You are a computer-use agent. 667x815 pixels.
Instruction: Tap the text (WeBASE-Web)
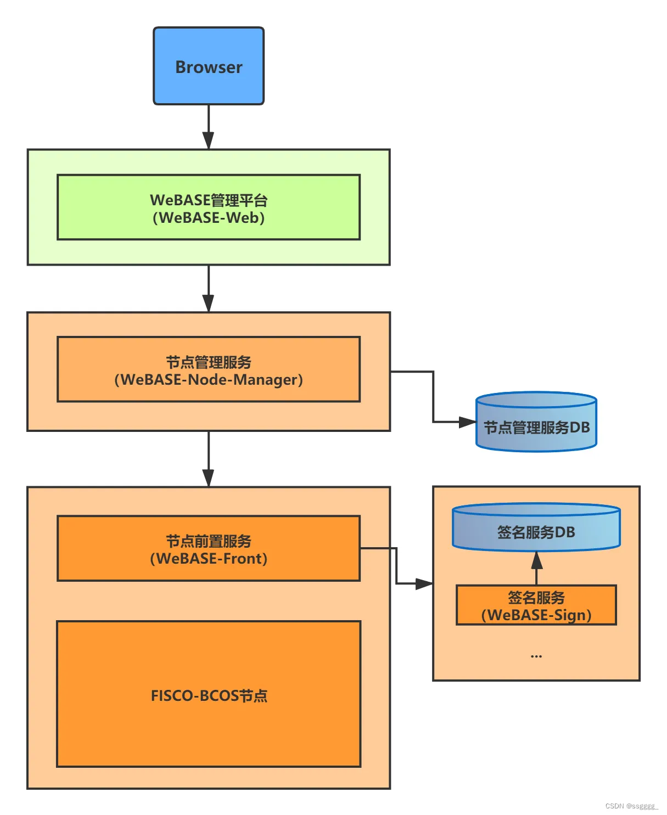(209, 218)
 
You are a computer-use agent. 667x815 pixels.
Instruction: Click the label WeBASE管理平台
(209, 200)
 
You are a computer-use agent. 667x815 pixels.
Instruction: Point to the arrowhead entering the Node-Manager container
(208, 303)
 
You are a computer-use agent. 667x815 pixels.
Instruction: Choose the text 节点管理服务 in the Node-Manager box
(209, 362)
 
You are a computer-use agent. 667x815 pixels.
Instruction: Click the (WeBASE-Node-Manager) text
(209, 380)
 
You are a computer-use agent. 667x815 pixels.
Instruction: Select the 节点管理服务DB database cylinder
(536, 423)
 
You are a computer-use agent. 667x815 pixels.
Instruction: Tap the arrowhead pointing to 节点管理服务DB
(468, 422)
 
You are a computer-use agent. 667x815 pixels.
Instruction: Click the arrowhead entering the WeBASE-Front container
(208, 478)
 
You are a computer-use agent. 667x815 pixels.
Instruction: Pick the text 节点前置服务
(209, 541)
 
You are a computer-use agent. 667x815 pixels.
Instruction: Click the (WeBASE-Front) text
(209, 559)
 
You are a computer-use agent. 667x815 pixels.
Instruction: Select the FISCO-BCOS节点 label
(209, 696)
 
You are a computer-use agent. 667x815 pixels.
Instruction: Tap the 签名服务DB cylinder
(536, 528)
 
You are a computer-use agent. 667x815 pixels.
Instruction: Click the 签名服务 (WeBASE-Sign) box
(536, 605)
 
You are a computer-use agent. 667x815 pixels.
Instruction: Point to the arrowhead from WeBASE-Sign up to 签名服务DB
(537, 560)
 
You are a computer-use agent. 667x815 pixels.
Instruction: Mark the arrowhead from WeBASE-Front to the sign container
(424, 584)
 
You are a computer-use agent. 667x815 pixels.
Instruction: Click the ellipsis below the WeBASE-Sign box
(536, 656)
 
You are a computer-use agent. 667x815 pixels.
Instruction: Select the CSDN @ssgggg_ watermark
(631, 806)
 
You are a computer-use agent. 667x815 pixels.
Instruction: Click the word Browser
(209, 67)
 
